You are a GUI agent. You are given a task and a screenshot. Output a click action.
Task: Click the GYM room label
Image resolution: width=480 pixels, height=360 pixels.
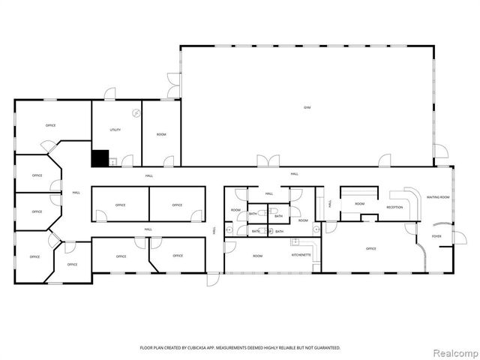307,108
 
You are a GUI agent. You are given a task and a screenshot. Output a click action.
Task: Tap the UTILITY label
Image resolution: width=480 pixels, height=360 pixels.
115,130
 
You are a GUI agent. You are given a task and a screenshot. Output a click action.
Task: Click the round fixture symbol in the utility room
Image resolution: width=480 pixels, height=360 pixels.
136,113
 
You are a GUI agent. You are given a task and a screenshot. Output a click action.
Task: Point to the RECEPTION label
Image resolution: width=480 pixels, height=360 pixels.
394,206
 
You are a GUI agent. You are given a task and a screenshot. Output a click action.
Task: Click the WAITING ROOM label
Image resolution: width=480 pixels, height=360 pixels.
438,197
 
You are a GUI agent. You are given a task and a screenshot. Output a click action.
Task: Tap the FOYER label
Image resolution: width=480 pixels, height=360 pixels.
436,236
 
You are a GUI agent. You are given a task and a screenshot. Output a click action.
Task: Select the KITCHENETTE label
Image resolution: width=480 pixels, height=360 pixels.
301,256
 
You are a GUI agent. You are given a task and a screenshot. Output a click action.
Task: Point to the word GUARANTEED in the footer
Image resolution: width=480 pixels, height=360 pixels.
327,348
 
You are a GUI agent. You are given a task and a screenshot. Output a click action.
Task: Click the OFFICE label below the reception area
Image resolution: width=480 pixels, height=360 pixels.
370,248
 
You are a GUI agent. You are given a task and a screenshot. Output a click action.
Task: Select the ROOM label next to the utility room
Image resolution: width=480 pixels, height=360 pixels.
161,134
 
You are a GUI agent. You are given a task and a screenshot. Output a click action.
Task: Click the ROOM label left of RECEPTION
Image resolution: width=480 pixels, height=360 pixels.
360,203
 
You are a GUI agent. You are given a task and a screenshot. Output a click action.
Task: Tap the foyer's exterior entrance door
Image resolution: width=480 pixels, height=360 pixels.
458,238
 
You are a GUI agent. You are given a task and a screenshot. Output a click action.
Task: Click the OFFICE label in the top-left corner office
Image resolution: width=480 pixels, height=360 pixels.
51,125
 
